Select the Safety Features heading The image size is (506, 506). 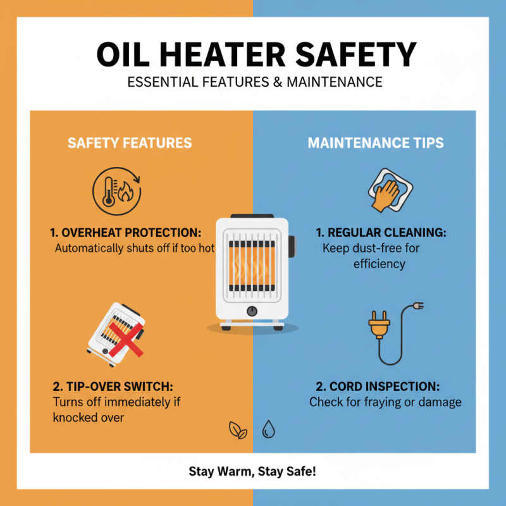click(x=130, y=142)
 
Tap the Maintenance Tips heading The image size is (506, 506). click(x=376, y=142)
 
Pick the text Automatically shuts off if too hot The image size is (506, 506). click(x=135, y=249)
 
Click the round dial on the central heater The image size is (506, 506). click(x=252, y=311)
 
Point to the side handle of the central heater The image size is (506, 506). click(x=292, y=246)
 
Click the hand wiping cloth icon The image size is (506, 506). click(x=386, y=190)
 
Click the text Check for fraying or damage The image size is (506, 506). click(x=385, y=402)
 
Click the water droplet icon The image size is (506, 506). click(x=269, y=430)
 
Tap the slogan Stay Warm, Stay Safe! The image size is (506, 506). click(x=253, y=471)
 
